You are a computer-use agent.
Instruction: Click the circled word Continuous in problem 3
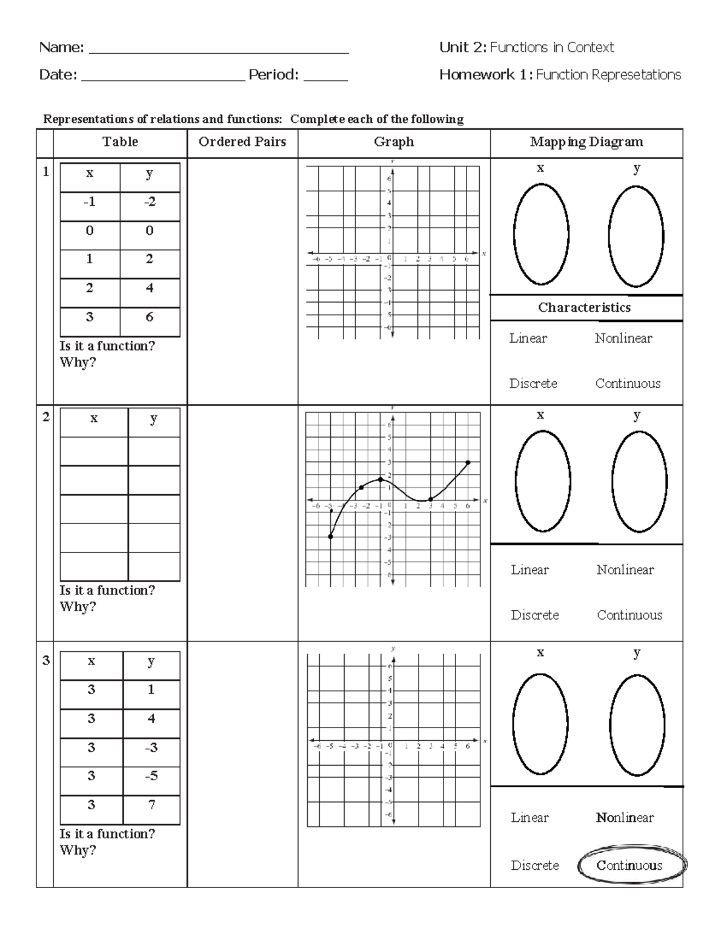click(x=630, y=866)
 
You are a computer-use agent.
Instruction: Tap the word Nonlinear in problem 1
click(x=623, y=338)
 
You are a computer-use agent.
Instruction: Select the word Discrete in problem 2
click(x=534, y=615)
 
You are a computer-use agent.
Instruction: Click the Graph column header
click(x=394, y=142)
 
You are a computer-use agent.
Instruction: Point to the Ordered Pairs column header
click(x=242, y=142)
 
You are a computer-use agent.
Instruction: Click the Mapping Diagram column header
click(x=586, y=142)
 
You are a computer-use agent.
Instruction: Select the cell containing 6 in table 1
click(x=150, y=317)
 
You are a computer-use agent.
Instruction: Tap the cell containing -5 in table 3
click(x=151, y=776)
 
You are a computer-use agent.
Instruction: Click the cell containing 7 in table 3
click(x=151, y=805)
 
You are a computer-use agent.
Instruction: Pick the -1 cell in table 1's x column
click(x=90, y=202)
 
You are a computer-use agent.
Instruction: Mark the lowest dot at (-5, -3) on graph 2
click(x=331, y=536)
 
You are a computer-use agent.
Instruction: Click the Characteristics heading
click(x=584, y=307)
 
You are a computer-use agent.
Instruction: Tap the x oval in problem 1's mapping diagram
click(x=541, y=234)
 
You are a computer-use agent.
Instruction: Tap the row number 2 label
click(x=45, y=417)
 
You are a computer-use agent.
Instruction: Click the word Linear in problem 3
click(x=529, y=818)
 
